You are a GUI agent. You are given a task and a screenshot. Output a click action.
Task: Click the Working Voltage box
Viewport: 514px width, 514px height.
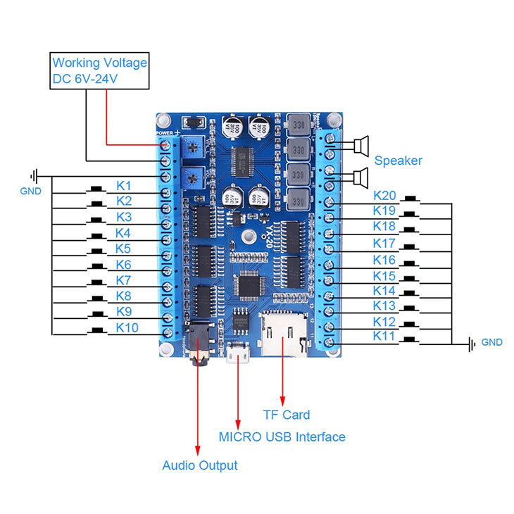click(x=99, y=71)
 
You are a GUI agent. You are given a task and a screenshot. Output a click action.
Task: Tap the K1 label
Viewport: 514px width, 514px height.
click(x=124, y=186)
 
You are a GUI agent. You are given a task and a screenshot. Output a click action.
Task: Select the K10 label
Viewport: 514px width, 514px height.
click(x=127, y=328)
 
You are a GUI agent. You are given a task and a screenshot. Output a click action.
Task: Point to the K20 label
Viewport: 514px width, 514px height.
click(x=384, y=196)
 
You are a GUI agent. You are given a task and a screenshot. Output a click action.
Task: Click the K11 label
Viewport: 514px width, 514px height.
click(x=384, y=337)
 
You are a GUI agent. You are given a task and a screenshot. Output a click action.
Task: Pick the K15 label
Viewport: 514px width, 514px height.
click(x=384, y=276)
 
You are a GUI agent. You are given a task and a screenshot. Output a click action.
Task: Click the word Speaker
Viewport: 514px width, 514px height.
click(x=399, y=161)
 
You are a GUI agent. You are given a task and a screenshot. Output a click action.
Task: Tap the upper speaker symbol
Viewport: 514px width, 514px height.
click(x=361, y=146)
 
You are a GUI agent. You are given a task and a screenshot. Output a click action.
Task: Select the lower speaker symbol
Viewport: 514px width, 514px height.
click(x=361, y=177)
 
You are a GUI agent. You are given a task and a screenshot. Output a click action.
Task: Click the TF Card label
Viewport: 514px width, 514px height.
click(x=286, y=415)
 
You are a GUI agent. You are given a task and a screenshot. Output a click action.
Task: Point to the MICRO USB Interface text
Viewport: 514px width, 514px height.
click(x=282, y=437)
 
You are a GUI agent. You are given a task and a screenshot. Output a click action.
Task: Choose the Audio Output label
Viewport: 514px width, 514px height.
click(x=199, y=465)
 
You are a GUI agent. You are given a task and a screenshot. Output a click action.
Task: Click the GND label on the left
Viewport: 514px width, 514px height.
click(x=30, y=191)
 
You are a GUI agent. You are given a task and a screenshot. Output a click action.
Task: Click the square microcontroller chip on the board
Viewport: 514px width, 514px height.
click(x=253, y=284)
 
